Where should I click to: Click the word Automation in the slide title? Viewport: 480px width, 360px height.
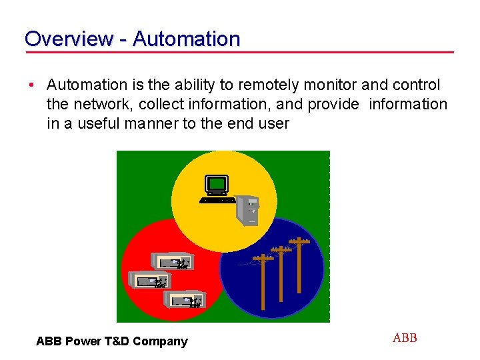click(186, 39)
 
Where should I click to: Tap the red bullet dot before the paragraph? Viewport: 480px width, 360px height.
click(31, 85)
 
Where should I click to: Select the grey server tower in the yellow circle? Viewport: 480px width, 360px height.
click(248, 209)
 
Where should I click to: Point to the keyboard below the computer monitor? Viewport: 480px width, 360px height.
click(217, 199)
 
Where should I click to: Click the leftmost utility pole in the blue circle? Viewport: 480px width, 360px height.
click(264, 280)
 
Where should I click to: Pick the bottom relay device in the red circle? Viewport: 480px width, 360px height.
click(183, 301)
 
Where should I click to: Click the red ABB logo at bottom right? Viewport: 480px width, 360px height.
click(405, 338)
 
